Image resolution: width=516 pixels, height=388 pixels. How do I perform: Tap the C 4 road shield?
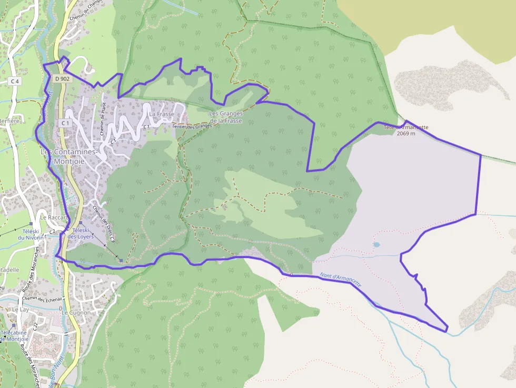point(14,81)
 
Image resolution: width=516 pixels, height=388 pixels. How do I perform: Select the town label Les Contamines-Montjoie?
point(68,156)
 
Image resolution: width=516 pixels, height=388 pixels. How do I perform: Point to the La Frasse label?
point(162,114)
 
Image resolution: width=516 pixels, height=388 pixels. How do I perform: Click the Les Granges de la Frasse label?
point(225,117)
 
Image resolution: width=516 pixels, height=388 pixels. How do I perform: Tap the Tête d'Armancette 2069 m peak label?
point(405,130)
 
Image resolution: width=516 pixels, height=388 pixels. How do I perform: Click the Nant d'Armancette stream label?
point(341,279)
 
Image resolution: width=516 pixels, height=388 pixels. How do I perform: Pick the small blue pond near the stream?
point(376,245)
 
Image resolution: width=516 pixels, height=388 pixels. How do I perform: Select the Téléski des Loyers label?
point(80,234)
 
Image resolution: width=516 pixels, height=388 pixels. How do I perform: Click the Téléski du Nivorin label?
point(31,234)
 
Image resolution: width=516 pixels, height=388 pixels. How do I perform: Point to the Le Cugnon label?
point(76,313)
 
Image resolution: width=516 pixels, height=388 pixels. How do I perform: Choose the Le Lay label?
point(19,310)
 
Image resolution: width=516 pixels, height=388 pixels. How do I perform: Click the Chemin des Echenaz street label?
point(42,299)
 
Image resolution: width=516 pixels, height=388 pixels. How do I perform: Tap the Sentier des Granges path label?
point(192,126)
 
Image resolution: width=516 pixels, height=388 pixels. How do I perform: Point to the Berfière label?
point(9,120)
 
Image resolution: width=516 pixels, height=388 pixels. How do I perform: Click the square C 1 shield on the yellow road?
point(65,123)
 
